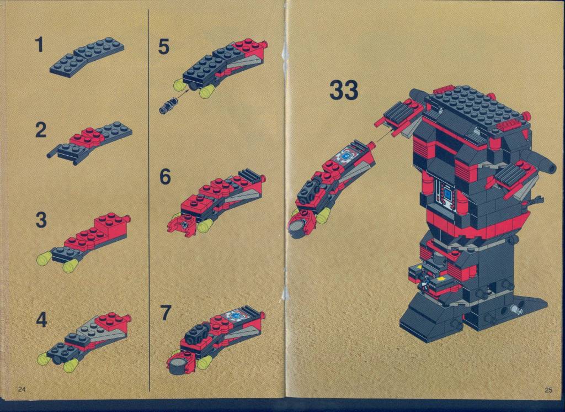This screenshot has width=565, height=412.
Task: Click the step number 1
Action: [39, 45]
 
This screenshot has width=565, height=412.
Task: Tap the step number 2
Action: [41, 130]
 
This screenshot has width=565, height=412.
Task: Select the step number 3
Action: [41, 220]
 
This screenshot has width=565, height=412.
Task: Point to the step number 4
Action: [41, 320]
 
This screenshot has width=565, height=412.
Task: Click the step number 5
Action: [163, 47]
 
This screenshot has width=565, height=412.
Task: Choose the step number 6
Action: [164, 177]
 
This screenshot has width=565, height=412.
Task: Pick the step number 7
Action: [165, 313]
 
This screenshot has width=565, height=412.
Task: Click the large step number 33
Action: [344, 90]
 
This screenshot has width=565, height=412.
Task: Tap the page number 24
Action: [22, 389]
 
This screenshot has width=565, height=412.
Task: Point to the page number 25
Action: [548, 389]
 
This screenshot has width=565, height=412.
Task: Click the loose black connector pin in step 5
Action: [168, 105]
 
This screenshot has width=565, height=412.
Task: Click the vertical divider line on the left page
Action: [149, 200]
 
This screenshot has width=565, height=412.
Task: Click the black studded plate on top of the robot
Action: [478, 108]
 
